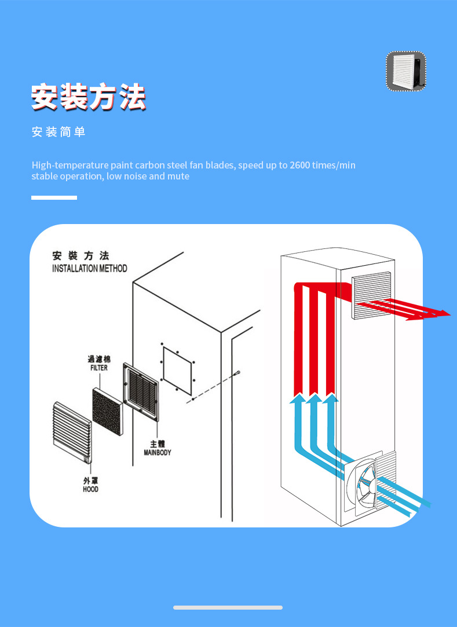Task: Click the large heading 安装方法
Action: click(x=88, y=97)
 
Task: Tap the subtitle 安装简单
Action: click(x=59, y=133)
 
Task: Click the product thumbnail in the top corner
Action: click(x=406, y=71)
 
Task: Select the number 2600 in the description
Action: click(x=299, y=166)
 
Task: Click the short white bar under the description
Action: click(x=54, y=197)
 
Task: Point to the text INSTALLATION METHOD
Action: click(x=89, y=269)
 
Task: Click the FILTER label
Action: click(x=98, y=368)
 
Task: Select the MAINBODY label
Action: click(x=158, y=452)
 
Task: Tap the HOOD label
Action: click(x=90, y=489)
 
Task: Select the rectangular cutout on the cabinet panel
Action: click(x=177, y=367)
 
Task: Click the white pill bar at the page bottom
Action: click(x=228, y=607)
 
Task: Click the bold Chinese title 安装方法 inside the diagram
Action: click(x=81, y=256)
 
